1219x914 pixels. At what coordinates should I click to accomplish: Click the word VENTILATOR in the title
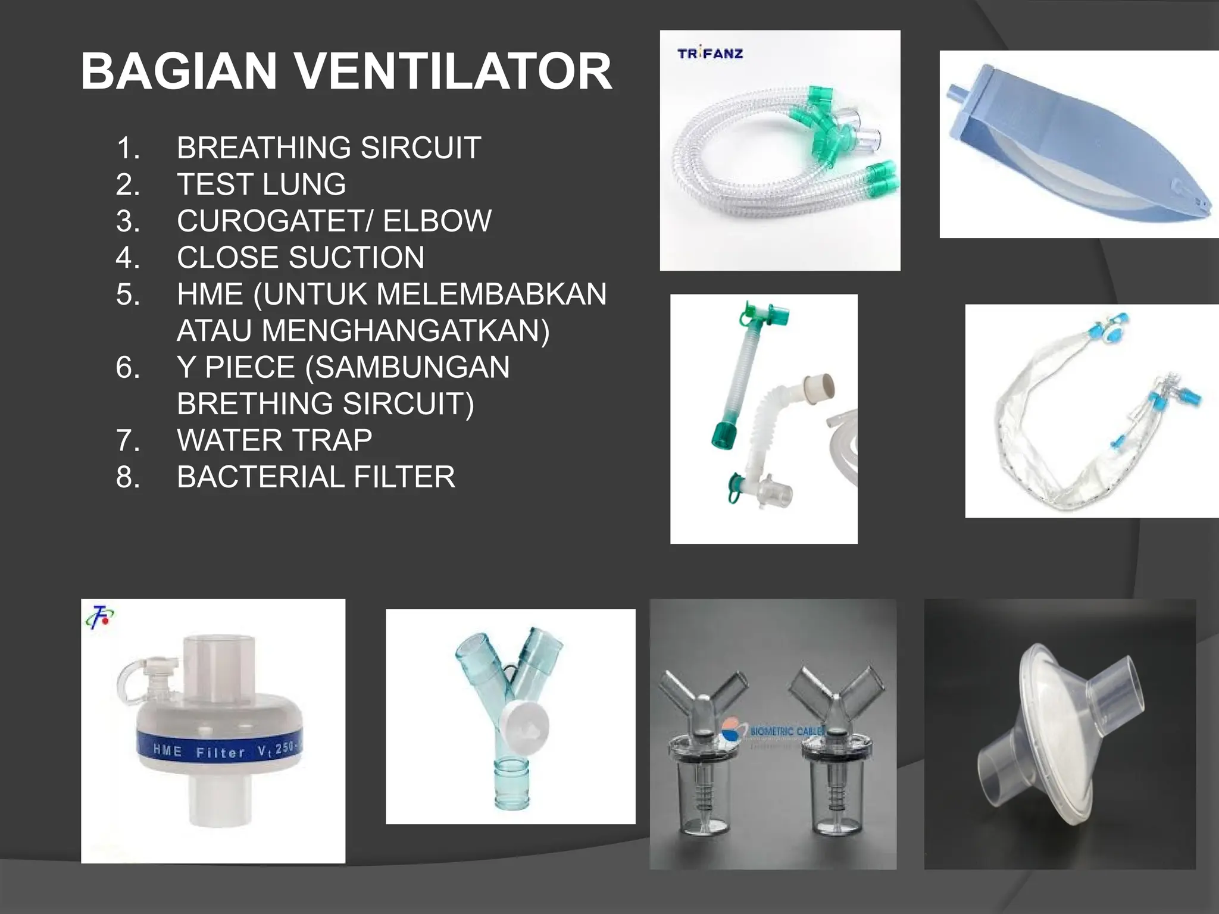tap(453, 71)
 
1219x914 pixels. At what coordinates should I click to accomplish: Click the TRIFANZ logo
tap(710, 54)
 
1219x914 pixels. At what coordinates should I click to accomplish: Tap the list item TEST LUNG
tap(261, 184)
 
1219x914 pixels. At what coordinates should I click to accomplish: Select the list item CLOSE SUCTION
tap(301, 257)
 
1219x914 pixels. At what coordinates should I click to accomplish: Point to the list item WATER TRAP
tap(274, 440)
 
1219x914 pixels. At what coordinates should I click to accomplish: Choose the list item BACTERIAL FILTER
tap(315, 477)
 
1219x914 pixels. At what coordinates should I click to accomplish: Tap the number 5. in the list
tap(128, 294)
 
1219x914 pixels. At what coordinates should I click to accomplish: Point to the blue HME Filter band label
tap(220, 750)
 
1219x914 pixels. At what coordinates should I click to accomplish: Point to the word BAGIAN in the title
tap(179, 71)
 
